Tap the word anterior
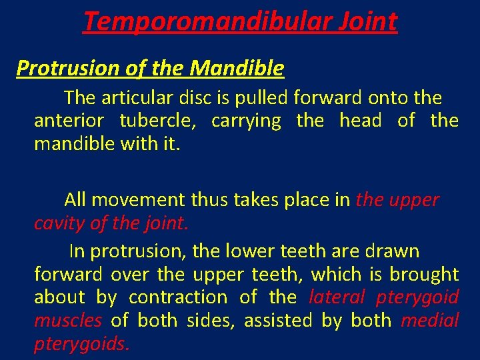pyautogui.click(x=69, y=121)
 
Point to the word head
pyautogui.click(x=360, y=121)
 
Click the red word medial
pyautogui.click(x=430, y=320)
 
